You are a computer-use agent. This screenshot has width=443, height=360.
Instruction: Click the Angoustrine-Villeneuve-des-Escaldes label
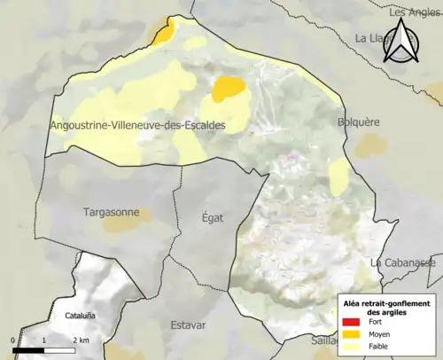click(138, 127)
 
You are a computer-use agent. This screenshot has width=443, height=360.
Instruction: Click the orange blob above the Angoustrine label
click(229, 88)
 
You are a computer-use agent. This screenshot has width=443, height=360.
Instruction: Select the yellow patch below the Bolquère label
click(339, 171)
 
